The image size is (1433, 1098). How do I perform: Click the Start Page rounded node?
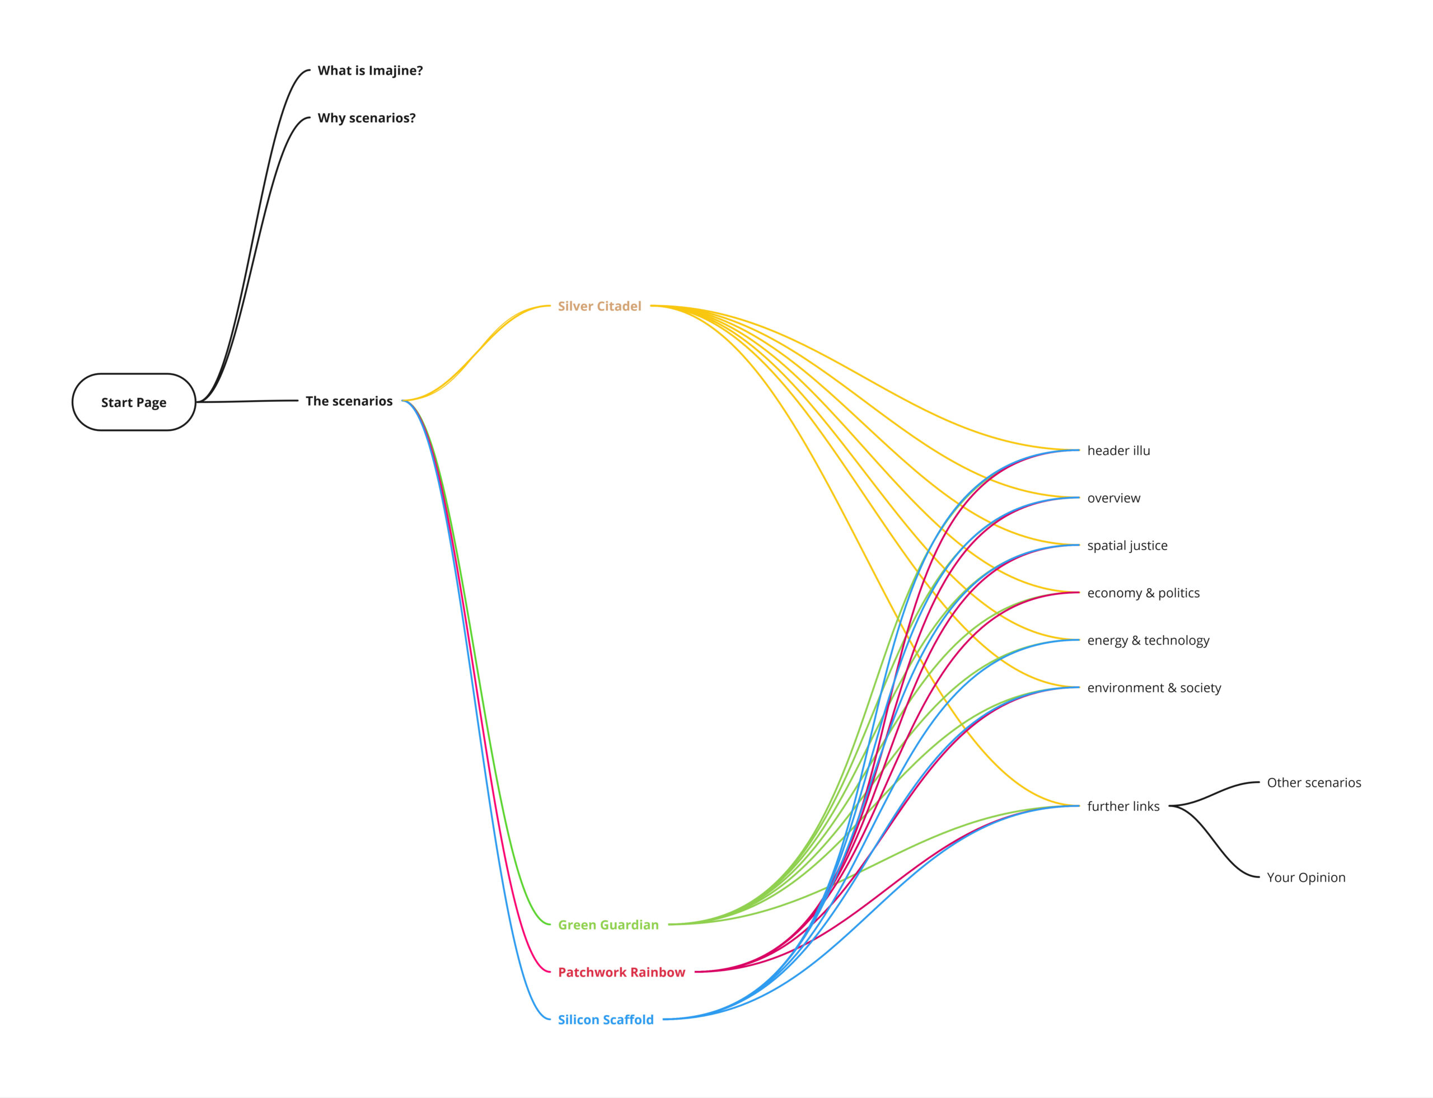tap(133, 402)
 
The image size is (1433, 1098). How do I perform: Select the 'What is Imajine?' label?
tap(369, 71)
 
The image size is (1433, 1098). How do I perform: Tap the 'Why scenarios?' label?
tap(366, 118)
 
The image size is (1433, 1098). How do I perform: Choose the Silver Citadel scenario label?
tap(599, 306)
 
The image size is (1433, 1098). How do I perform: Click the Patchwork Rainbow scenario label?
tap(621, 973)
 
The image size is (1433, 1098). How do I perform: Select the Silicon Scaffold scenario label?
tap(605, 1020)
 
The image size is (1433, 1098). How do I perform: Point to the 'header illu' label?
tap(1118, 451)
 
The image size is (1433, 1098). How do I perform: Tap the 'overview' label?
tap(1113, 498)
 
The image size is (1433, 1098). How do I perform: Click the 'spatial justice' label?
tap(1127, 546)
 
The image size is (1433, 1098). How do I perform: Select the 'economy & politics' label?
tap(1142, 593)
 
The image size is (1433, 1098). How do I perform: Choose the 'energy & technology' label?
tap(1148, 640)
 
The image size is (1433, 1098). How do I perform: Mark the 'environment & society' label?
tap(1154, 688)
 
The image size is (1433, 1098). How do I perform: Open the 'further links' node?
tap(1123, 806)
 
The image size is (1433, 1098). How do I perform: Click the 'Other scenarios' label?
tap(1313, 783)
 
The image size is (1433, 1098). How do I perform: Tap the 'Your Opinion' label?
tap(1305, 878)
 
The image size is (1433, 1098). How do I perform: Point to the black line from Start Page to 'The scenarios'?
tap(249, 401)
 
